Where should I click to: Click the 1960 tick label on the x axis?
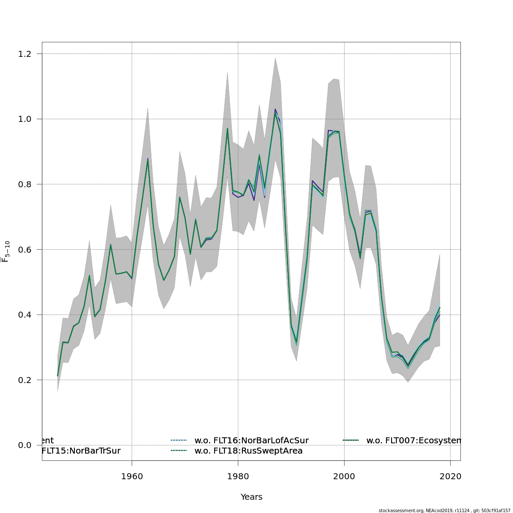pos(132,476)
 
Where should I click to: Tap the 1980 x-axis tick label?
pos(238,476)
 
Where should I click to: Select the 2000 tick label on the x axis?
pos(344,476)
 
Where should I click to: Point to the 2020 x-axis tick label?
pos(450,476)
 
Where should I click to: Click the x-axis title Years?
pos(251,497)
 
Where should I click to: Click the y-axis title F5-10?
pos(6,251)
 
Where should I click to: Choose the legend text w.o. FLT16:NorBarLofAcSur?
pos(251,440)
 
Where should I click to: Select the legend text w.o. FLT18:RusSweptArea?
pos(248,451)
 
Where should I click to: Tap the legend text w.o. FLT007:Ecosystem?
pos(413,440)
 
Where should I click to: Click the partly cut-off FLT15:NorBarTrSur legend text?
pos(81,451)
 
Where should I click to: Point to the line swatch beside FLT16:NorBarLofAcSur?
pos(179,440)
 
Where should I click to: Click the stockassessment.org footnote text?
pos(445,510)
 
